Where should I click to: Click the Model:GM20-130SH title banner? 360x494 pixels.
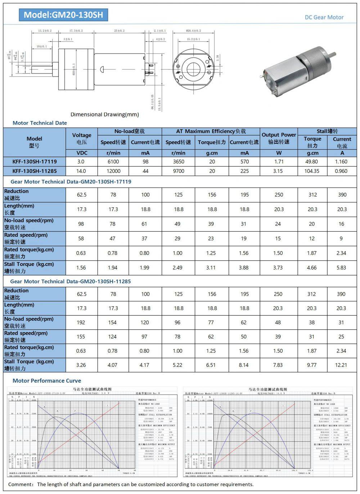(63, 15)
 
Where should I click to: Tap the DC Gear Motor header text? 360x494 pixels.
(324, 17)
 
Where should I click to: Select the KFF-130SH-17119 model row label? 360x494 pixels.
(35, 162)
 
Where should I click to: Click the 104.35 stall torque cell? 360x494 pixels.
(312, 171)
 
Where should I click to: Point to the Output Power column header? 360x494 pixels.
(279, 138)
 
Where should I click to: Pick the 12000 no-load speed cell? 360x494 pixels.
(113, 171)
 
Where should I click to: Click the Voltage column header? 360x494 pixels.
(82, 138)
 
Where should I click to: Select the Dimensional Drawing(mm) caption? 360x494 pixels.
(104, 115)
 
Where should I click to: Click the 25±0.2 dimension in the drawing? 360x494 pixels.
(120, 31)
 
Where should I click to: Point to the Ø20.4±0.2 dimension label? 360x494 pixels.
(193, 31)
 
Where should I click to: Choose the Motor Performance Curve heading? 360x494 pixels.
(47, 381)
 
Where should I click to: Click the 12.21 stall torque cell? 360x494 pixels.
(341, 365)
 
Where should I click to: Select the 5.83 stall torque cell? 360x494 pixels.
(341, 268)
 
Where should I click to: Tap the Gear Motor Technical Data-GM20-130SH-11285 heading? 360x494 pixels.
(71, 281)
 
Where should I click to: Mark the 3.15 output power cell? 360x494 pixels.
(278, 171)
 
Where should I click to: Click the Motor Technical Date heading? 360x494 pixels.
(40, 123)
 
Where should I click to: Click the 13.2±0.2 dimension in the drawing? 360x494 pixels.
(45, 31)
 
